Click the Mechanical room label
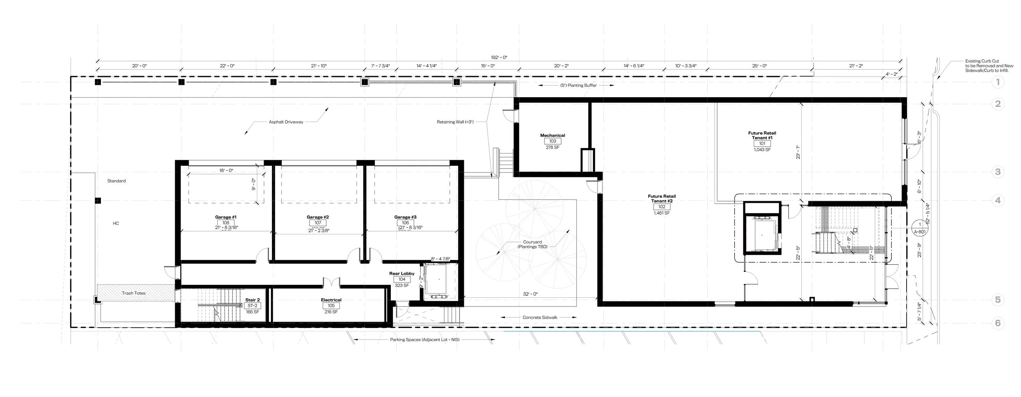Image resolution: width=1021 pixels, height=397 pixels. click(552, 136)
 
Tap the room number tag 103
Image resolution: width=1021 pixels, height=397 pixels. click(552, 141)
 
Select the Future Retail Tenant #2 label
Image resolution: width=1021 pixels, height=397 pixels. click(662, 198)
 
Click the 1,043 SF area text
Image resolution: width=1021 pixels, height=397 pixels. click(762, 150)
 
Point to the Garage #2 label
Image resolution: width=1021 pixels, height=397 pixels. click(317, 217)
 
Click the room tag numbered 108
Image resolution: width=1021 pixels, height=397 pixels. click(226, 223)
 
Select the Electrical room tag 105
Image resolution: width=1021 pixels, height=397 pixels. click(331, 306)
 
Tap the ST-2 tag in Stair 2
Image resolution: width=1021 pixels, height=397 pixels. click(252, 306)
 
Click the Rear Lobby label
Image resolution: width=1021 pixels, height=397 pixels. click(402, 273)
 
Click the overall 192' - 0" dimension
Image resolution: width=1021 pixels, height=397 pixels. click(499, 57)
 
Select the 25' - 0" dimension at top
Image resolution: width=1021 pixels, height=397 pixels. click(760, 66)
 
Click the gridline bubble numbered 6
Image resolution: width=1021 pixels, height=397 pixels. click(998, 323)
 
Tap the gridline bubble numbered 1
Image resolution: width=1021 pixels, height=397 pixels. click(998, 82)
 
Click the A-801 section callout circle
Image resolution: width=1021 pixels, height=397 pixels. click(920, 228)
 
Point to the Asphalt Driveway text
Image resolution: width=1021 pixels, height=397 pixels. click(286, 122)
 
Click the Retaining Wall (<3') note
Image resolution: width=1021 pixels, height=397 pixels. click(455, 122)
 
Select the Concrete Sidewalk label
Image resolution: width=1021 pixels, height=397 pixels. click(540, 318)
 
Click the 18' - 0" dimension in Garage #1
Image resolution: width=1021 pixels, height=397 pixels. click(226, 171)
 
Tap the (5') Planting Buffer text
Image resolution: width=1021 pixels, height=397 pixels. click(578, 85)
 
